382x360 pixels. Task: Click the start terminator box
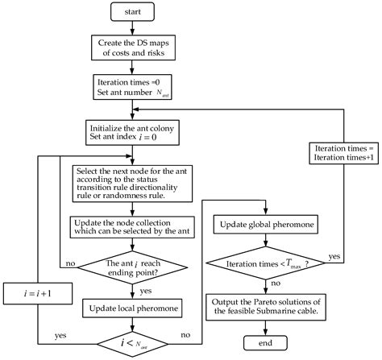tap(132, 12)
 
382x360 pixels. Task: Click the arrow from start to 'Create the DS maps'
tap(132, 27)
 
